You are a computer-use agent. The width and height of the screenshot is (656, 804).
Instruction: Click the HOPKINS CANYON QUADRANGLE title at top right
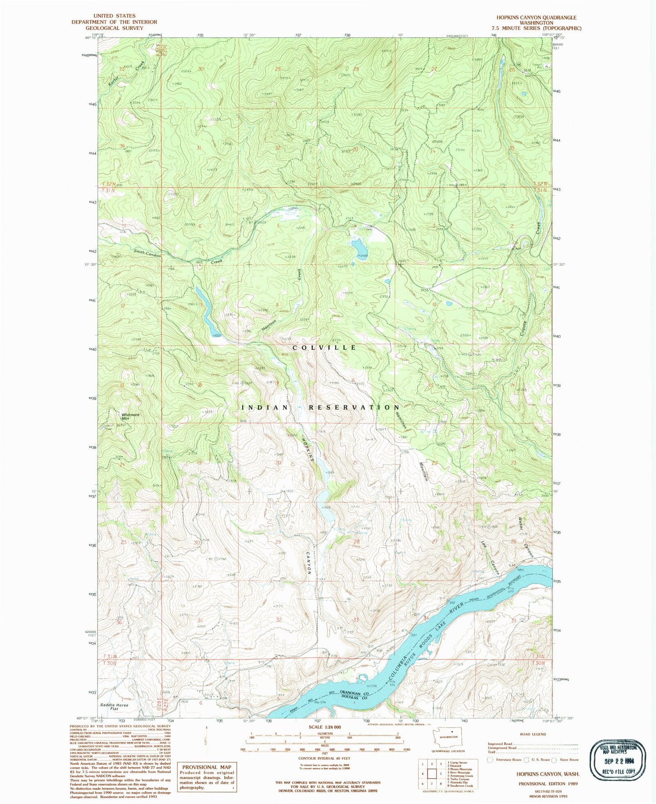pos(536,18)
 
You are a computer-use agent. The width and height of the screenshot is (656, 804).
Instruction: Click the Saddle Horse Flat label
pos(114,707)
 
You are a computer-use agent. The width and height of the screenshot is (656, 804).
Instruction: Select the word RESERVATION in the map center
pos(354,407)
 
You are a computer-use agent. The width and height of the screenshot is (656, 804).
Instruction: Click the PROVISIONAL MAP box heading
pos(206,767)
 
